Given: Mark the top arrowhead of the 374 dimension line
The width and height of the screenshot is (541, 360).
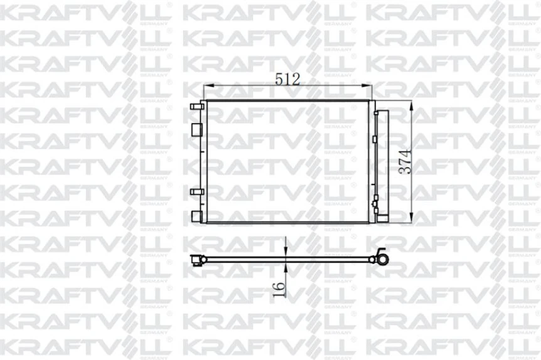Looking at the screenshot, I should [x=412, y=104].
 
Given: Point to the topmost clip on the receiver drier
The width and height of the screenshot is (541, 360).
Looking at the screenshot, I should [x=375, y=114].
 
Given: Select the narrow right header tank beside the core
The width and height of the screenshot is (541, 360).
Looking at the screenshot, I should [x=371, y=161].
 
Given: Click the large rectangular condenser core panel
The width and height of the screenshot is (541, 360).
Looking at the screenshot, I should [x=287, y=161].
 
